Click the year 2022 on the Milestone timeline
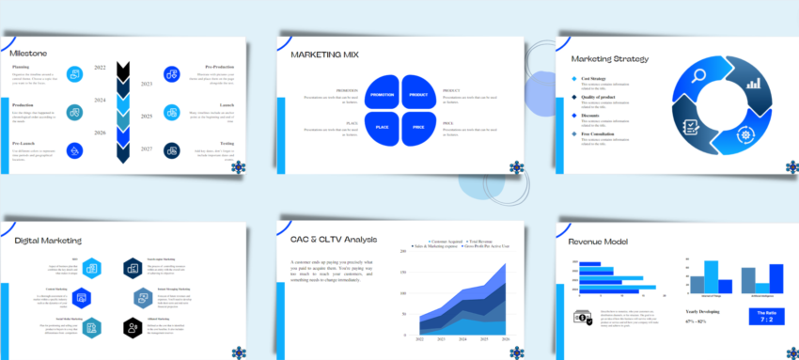coord(100,68)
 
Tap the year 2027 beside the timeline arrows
coord(146,149)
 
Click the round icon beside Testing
coord(171,149)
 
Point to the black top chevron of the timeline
coord(123,70)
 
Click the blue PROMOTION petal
coord(383,95)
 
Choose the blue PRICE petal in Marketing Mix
coord(418,126)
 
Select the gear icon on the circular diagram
coord(747,134)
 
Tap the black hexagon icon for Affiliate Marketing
coord(133,327)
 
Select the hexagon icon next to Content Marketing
coord(82,298)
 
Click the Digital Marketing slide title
coord(48,241)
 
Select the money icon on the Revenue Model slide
coord(583,317)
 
